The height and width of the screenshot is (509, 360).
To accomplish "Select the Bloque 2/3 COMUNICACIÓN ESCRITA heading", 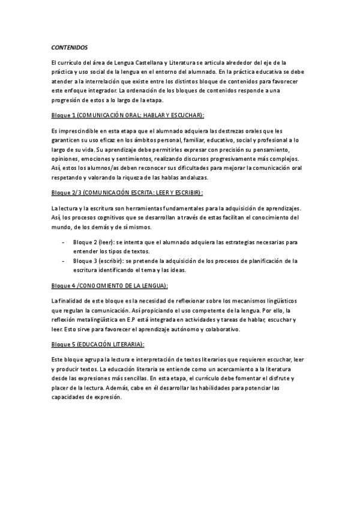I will coord(127,193).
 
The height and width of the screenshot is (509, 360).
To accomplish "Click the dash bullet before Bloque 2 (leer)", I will coord(64,242).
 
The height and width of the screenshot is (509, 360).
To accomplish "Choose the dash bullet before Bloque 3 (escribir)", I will coord(64,261).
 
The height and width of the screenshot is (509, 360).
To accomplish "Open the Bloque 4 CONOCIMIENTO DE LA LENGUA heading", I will coord(109,285).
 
